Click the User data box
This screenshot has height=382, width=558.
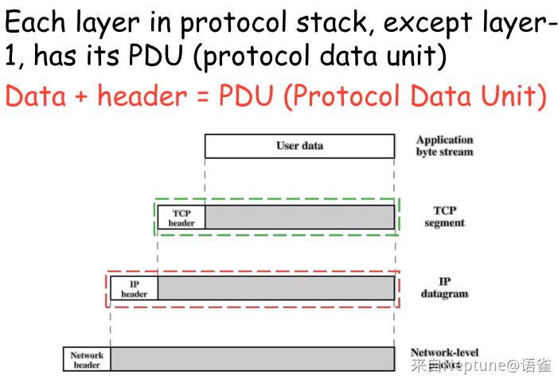(x=299, y=146)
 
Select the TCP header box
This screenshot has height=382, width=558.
(x=181, y=217)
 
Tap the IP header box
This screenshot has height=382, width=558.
(x=135, y=288)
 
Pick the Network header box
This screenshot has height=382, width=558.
(x=87, y=359)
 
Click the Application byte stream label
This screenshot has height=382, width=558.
(x=445, y=146)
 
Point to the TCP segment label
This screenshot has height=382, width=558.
(x=445, y=216)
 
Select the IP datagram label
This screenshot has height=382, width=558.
(x=445, y=288)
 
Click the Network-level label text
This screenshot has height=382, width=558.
(x=445, y=353)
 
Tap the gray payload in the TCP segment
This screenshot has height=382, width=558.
(x=300, y=217)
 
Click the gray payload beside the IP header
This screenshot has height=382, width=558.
(x=276, y=288)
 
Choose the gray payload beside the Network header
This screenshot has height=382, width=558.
(x=252, y=359)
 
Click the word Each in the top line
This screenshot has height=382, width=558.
(x=35, y=22)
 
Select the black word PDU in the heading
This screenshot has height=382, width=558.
(x=156, y=55)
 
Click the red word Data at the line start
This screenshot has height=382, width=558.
(x=36, y=95)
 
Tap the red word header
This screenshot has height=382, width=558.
(x=142, y=95)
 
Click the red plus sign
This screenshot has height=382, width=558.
(x=81, y=96)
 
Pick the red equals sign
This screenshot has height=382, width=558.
(x=202, y=96)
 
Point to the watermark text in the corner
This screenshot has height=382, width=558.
(x=481, y=365)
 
